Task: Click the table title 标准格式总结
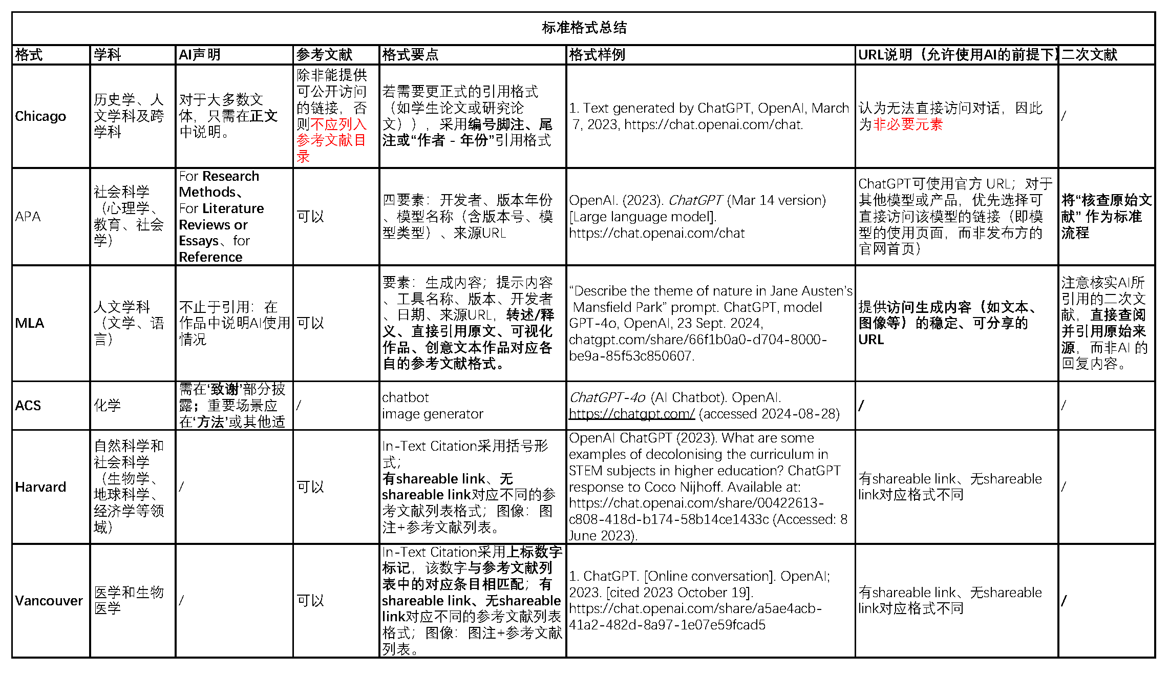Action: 584,28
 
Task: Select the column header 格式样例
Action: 597,55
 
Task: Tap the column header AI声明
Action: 199,55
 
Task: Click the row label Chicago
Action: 40,116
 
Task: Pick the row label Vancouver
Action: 49,600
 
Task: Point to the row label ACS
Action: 28,406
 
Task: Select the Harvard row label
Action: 40,487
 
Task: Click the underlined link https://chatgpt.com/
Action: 632,414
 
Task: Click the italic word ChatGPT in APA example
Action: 695,200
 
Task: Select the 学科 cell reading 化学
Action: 107,406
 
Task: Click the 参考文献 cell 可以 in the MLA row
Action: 310,323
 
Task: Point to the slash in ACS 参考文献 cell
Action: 299,406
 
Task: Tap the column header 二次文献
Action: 1089,55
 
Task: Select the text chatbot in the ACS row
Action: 405,397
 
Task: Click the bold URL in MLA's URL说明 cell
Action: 871,340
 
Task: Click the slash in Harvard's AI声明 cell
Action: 181,487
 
